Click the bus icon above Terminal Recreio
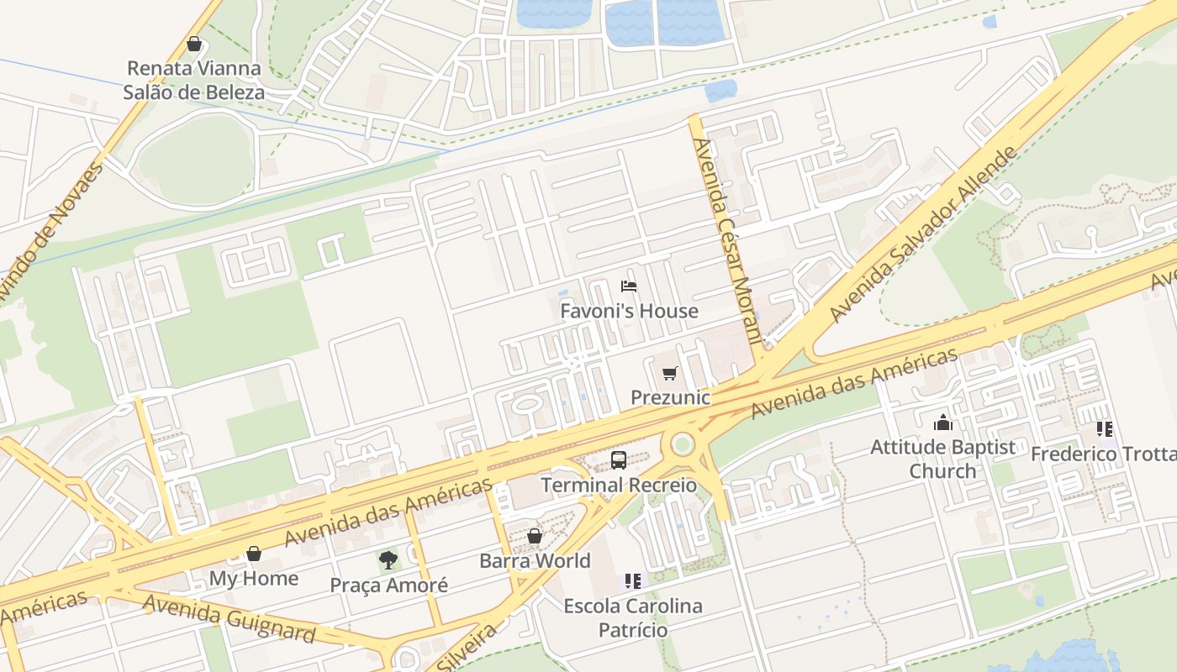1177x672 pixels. (x=619, y=459)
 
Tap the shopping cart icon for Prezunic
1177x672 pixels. (x=669, y=373)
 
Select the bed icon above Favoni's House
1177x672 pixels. (x=628, y=286)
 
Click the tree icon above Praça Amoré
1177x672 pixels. (x=388, y=560)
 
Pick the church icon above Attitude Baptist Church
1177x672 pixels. (x=943, y=422)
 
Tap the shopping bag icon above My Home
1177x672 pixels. (x=253, y=554)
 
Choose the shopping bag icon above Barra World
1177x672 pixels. (x=535, y=536)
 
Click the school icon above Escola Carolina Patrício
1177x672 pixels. (x=633, y=580)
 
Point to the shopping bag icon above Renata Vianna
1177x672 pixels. (x=194, y=44)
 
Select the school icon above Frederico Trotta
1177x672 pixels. (x=1104, y=429)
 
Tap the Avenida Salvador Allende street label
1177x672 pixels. (x=923, y=235)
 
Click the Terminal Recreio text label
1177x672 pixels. (x=619, y=485)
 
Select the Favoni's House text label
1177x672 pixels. (x=629, y=311)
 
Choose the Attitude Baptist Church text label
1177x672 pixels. (x=943, y=459)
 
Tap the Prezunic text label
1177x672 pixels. (x=670, y=397)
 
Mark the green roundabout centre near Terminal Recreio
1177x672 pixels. (x=682, y=443)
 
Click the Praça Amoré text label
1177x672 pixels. (x=388, y=585)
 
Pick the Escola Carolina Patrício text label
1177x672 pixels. (x=632, y=617)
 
